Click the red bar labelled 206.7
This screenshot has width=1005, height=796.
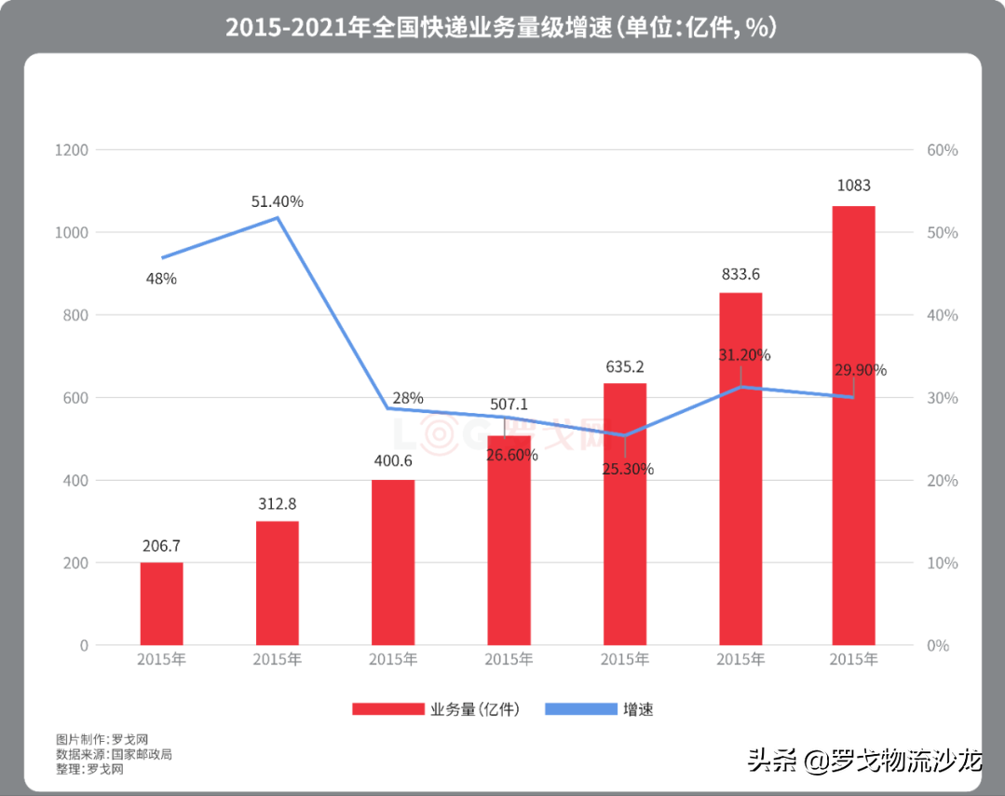161,603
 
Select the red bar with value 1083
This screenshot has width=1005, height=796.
853,425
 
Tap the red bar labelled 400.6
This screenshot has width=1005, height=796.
392,562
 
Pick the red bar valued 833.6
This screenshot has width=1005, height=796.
740,469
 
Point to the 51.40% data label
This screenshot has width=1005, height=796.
278,201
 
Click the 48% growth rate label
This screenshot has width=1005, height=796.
161,278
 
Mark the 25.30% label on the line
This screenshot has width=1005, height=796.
628,469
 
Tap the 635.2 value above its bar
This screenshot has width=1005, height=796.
625,367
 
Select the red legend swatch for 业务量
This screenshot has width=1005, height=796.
387,709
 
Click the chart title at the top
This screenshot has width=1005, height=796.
501,27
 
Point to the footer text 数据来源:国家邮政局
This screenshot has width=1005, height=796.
114,754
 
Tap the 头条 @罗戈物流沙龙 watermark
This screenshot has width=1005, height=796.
865,761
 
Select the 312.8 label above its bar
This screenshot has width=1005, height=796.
277,504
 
